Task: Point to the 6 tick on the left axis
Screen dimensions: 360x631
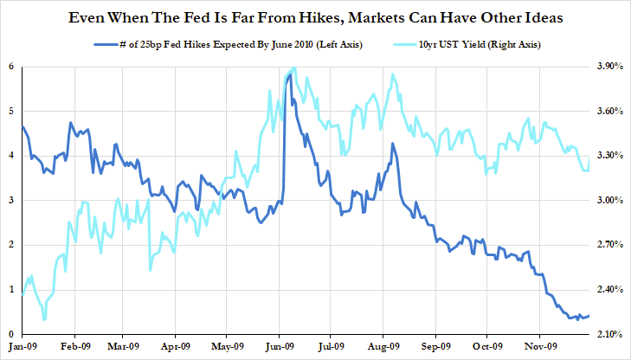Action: coord(10,67)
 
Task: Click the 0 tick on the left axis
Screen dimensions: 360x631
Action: coord(10,334)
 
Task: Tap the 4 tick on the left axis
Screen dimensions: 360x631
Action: coord(10,156)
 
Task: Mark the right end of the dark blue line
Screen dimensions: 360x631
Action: coord(589,316)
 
